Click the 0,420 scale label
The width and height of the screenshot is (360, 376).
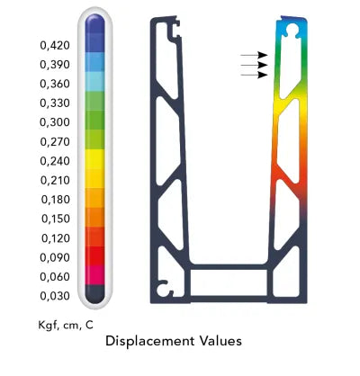(x=55, y=46)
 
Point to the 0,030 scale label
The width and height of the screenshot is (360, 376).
(x=55, y=296)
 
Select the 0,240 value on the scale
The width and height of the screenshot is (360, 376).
(x=55, y=161)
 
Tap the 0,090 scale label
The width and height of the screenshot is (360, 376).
(x=55, y=257)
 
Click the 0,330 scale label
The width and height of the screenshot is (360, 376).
(x=55, y=103)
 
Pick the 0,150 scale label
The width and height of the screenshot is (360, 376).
(x=56, y=219)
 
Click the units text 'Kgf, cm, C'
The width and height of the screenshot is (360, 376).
(x=66, y=325)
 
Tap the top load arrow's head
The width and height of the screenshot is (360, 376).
(x=263, y=55)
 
